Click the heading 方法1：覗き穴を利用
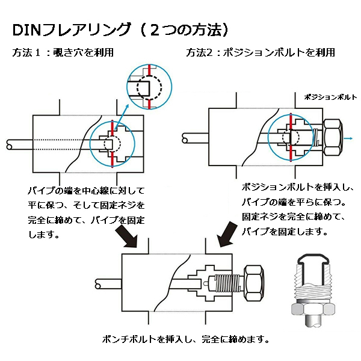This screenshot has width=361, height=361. (63, 52)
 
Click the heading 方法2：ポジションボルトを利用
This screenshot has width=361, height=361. (260, 52)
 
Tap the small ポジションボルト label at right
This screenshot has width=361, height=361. (330, 97)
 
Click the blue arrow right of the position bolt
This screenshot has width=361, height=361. (348, 138)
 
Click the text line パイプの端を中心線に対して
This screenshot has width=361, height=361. (86, 191)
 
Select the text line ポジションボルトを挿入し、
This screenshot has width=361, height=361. (298, 188)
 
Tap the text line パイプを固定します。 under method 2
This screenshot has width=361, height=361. (285, 231)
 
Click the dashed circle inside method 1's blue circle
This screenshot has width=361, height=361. (113, 143)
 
